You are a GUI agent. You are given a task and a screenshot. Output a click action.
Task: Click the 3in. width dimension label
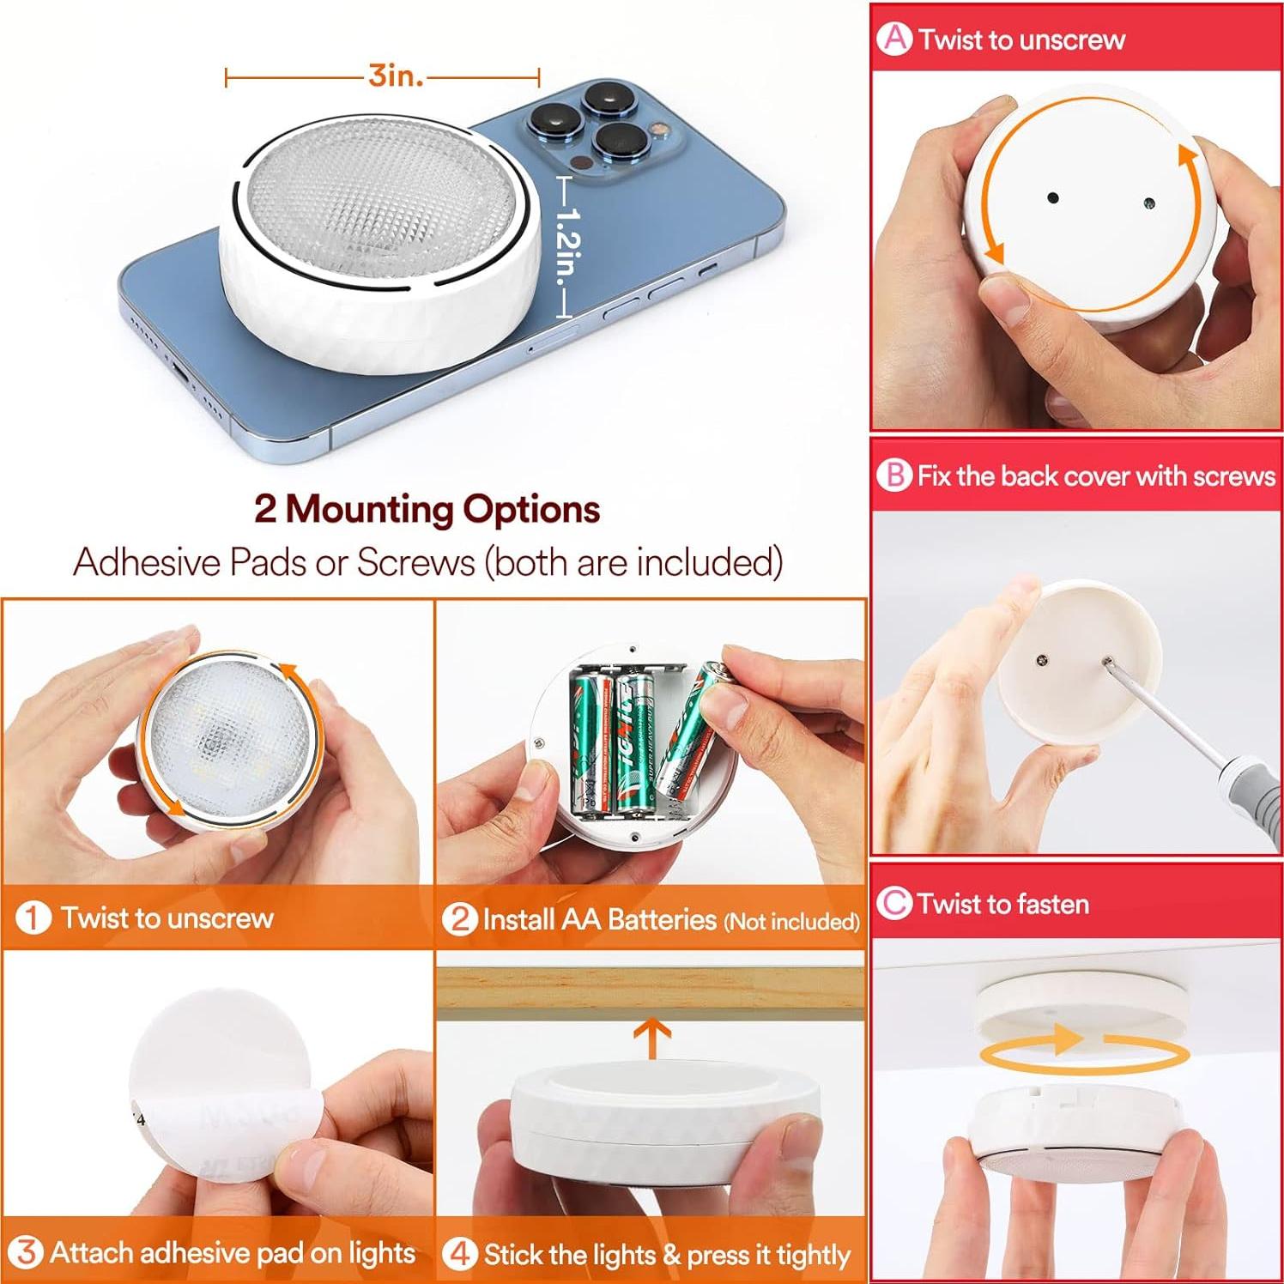pos(396,76)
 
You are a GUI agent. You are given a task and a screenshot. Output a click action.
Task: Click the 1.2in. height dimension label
pos(569,249)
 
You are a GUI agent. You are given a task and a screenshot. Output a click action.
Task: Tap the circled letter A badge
pos(895,39)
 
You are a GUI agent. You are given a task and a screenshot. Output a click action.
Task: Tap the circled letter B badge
pos(894,475)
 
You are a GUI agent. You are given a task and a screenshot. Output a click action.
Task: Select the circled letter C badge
pos(894,903)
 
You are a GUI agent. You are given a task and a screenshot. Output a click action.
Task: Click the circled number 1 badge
pos(33,918)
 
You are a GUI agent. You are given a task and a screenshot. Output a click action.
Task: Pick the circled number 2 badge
pos(459,918)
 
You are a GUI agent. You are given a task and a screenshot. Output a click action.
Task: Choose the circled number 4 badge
pos(459,1253)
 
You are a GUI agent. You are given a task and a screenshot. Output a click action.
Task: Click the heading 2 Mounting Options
pos(427,509)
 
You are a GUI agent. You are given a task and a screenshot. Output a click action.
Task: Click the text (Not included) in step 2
pos(791,922)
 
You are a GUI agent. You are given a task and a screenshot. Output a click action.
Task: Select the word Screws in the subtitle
pos(415,563)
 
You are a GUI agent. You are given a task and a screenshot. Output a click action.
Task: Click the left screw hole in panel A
pos(1053,198)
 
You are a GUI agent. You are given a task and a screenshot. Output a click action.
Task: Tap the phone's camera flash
pos(659,130)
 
